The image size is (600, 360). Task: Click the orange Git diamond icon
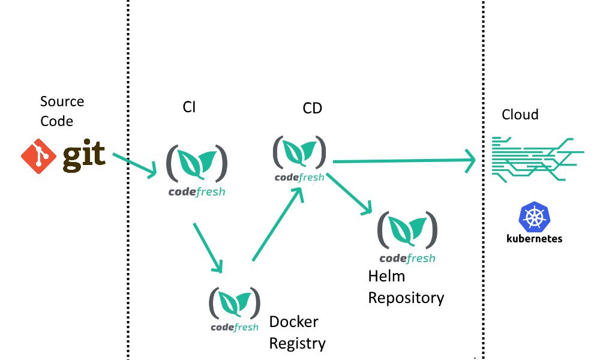pos(38,157)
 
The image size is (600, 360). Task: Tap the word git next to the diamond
pos(84,156)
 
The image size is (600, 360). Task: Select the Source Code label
pos(62,111)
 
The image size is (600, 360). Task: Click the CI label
pos(189,107)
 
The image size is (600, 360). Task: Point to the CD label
pos(312,108)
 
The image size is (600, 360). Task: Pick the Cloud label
pos(520,115)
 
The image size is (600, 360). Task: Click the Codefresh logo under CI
pos(197,170)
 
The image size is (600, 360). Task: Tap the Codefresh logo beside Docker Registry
pos(235,309)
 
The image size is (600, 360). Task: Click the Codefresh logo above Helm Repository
pos(407,237)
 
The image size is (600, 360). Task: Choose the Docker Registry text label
pos(298,332)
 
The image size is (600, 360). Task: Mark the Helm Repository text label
pos(406,287)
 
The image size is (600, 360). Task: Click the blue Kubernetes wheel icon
pos(534,217)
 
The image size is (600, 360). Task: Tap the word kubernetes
pos(534,238)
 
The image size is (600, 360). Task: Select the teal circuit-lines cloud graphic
pos(538,159)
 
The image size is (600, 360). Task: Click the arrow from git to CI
pos(134,165)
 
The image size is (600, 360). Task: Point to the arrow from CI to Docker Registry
pos(208,248)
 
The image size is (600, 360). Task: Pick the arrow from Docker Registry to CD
pos(278,224)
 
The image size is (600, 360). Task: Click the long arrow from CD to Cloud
pos(404,161)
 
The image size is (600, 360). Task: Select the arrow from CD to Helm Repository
pos(349,194)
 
